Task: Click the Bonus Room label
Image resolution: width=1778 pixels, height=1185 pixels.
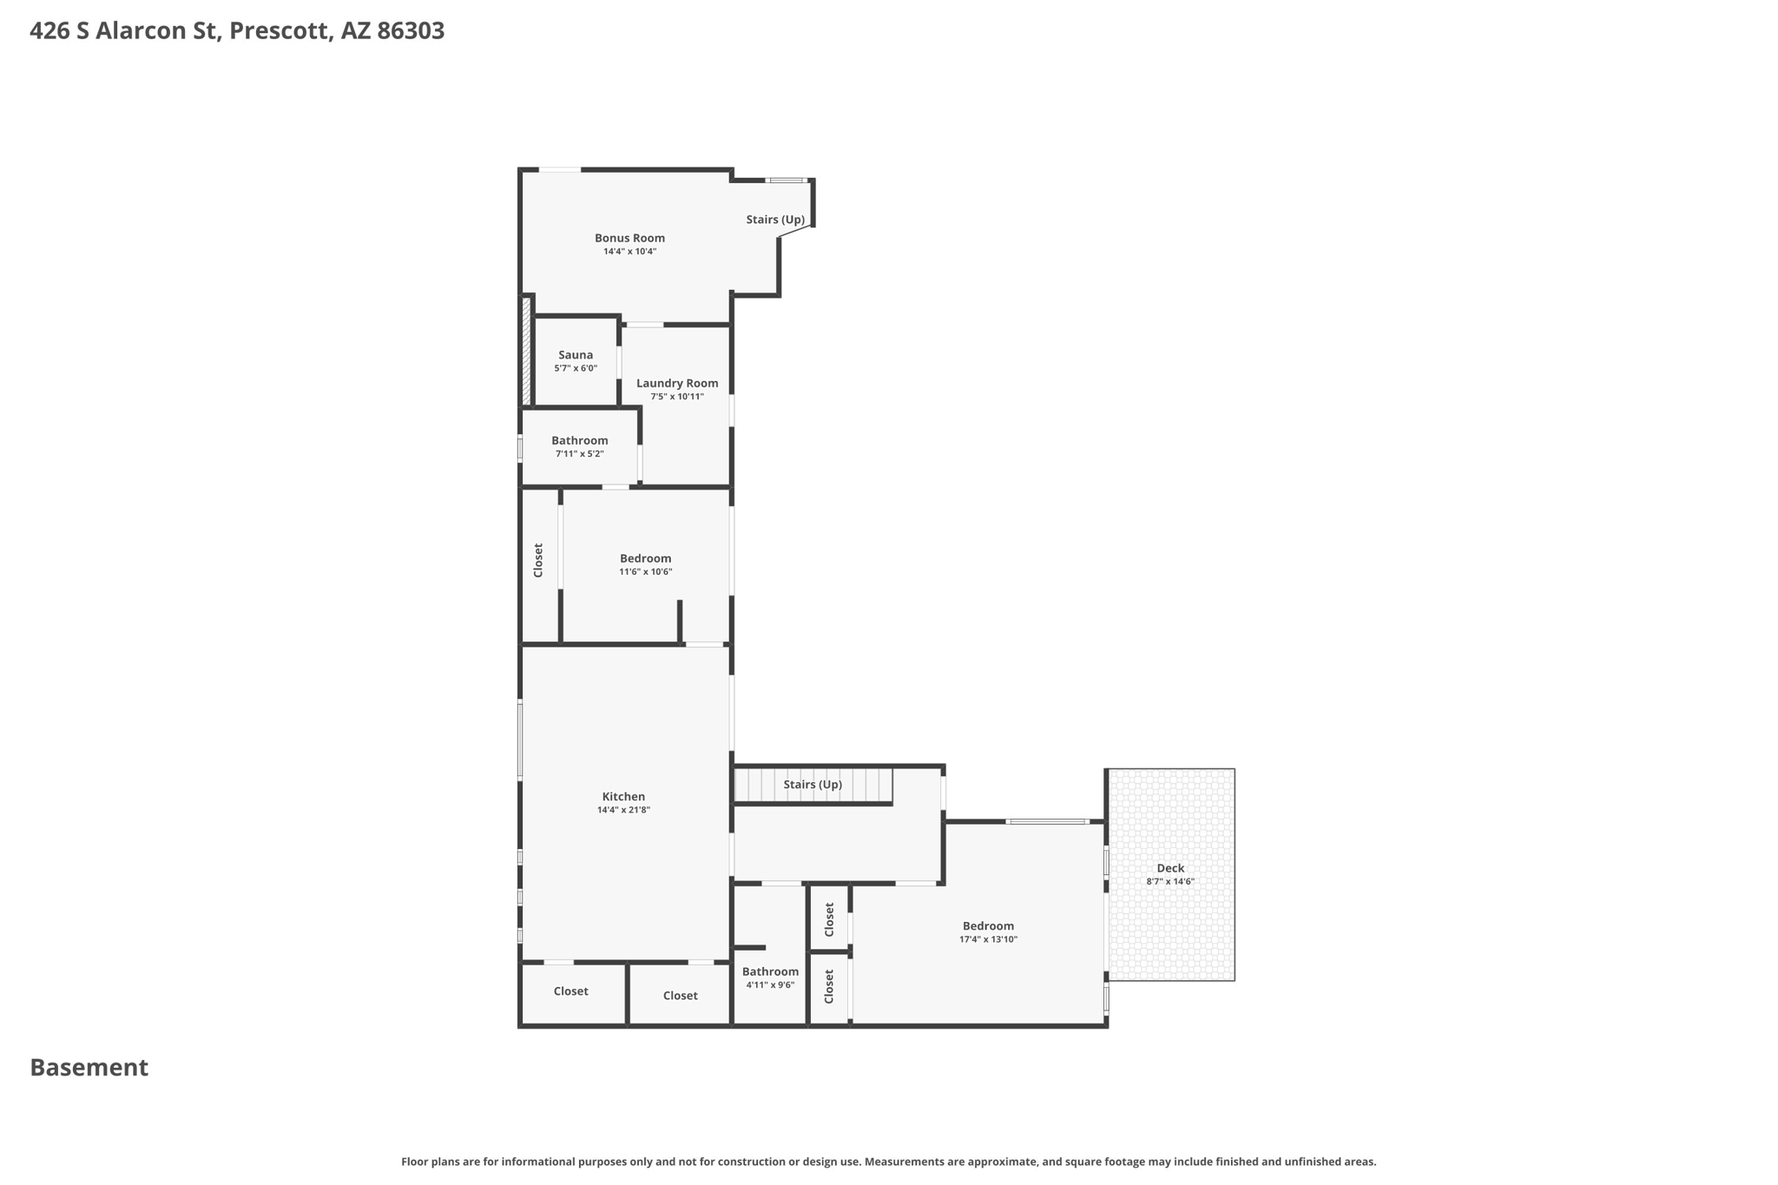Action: click(629, 238)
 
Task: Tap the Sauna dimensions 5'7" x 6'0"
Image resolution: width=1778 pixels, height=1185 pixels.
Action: click(576, 369)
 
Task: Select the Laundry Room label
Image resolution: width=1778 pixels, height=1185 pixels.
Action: click(677, 383)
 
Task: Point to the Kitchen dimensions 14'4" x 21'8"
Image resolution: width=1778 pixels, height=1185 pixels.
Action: click(623, 810)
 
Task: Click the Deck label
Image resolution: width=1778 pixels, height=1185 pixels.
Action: click(1170, 868)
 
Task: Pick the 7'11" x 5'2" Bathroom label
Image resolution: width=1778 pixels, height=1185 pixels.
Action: click(579, 440)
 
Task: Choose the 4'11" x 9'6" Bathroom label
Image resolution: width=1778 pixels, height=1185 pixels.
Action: click(770, 971)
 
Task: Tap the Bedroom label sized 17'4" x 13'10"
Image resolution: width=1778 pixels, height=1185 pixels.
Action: click(988, 925)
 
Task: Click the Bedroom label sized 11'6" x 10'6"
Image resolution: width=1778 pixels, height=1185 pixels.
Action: click(645, 558)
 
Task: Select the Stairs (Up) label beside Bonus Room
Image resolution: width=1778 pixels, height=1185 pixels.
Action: click(775, 220)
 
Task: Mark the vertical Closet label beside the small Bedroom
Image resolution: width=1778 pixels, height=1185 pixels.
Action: click(538, 560)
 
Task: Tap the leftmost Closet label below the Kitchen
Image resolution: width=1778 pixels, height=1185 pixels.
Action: click(570, 991)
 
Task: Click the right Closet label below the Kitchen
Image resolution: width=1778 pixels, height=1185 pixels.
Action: click(680, 996)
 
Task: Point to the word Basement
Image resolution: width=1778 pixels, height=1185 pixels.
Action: click(89, 1068)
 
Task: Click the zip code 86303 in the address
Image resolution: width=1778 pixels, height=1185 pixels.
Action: click(411, 31)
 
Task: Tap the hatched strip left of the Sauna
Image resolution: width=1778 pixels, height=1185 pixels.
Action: click(526, 351)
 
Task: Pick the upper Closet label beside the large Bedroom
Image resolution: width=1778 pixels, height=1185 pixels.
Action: click(829, 919)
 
